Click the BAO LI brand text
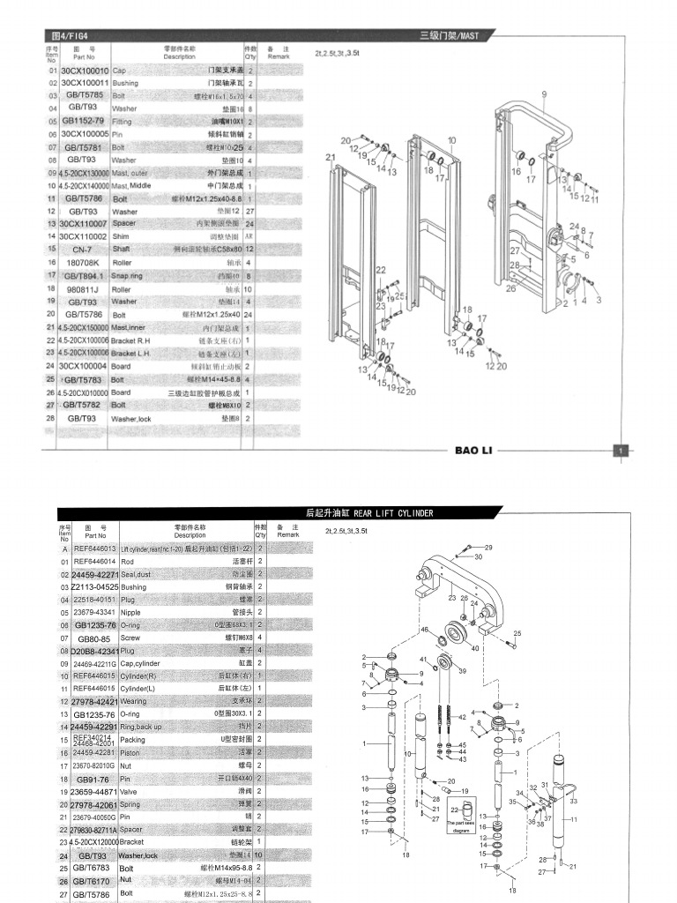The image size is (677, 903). click(x=474, y=451)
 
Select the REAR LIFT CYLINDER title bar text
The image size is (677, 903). click(x=368, y=513)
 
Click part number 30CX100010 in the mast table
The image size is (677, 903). click(x=85, y=70)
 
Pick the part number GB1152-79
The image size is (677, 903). click(x=84, y=121)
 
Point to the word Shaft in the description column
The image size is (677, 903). click(x=121, y=250)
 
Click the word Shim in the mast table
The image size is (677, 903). click(x=120, y=237)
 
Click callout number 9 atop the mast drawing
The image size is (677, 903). click(x=544, y=93)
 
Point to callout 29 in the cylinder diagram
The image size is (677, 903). click(x=513, y=548)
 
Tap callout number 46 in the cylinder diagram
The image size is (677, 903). click(x=424, y=630)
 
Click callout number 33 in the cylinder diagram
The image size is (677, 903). click(x=574, y=801)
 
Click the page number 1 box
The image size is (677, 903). click(x=621, y=451)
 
